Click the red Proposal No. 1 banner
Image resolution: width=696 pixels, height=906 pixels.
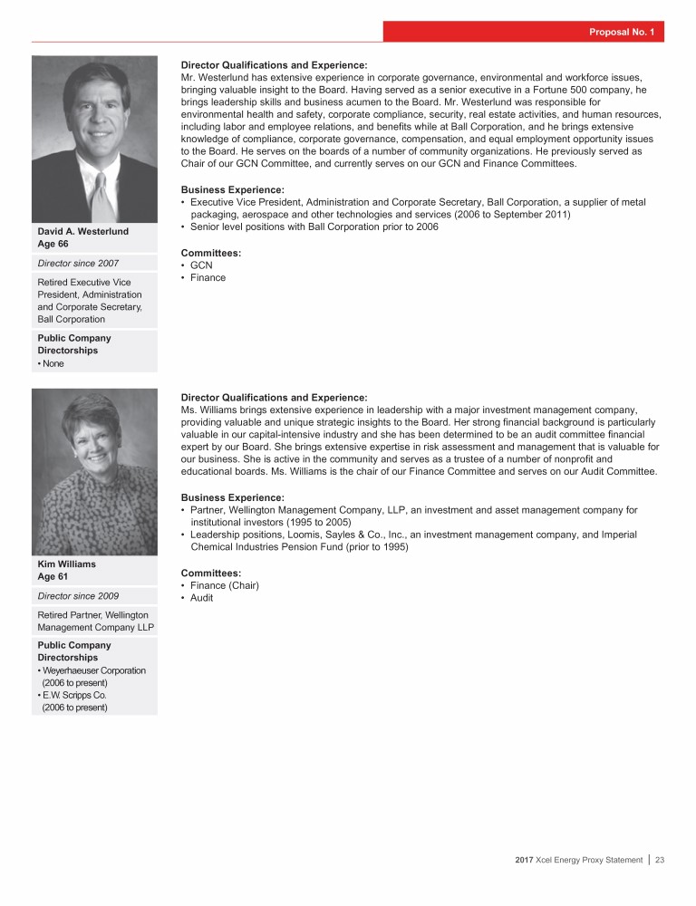(524, 33)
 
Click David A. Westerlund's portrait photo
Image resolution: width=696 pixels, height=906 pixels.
(94, 139)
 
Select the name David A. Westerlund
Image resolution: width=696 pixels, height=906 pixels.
(82, 232)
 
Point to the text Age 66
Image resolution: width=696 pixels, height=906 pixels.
(53, 244)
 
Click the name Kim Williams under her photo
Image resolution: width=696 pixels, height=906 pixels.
(66, 564)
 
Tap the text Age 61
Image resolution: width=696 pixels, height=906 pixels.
(53, 576)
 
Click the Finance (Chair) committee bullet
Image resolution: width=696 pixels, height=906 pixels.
(225, 585)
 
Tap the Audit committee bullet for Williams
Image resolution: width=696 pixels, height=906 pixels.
(202, 598)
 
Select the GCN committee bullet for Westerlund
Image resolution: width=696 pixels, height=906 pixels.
(201, 265)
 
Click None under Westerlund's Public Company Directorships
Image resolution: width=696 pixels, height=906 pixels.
(54, 363)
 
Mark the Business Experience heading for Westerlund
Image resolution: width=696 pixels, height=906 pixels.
(232, 189)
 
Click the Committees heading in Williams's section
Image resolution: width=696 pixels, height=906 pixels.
(212, 573)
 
